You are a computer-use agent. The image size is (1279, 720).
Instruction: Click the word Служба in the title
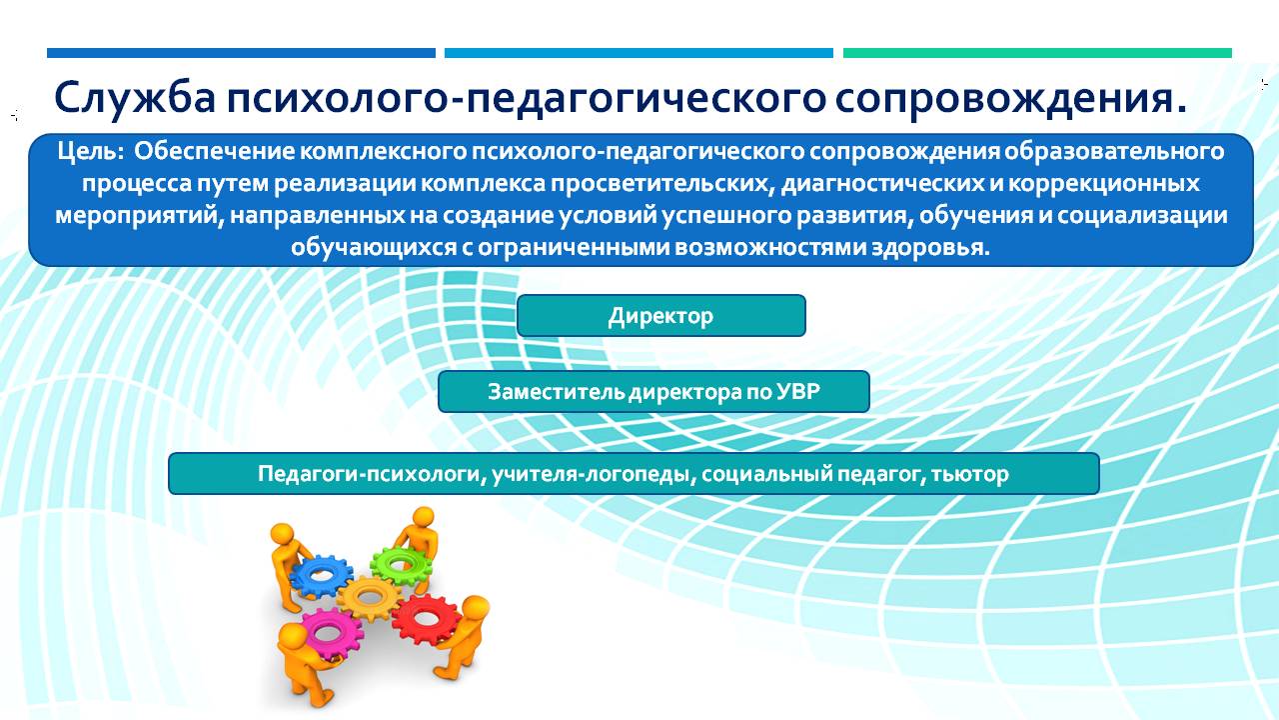click(x=135, y=98)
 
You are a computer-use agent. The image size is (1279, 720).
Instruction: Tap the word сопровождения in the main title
click(x=1010, y=99)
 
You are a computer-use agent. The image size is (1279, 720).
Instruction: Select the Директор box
click(x=661, y=315)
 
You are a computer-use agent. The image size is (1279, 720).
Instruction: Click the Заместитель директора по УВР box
click(x=653, y=391)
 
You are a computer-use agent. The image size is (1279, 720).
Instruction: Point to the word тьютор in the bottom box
click(x=969, y=474)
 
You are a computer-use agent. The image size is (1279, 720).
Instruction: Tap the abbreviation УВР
click(x=797, y=391)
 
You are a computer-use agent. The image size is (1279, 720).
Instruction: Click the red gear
click(x=426, y=619)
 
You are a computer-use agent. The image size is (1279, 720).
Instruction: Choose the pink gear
click(x=331, y=634)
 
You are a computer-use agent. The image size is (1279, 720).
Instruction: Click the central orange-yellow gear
click(x=370, y=598)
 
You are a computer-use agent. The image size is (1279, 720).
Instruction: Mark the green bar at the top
click(x=1037, y=53)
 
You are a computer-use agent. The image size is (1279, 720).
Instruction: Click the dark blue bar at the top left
click(x=241, y=53)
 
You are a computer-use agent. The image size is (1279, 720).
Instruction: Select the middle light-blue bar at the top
click(x=639, y=53)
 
